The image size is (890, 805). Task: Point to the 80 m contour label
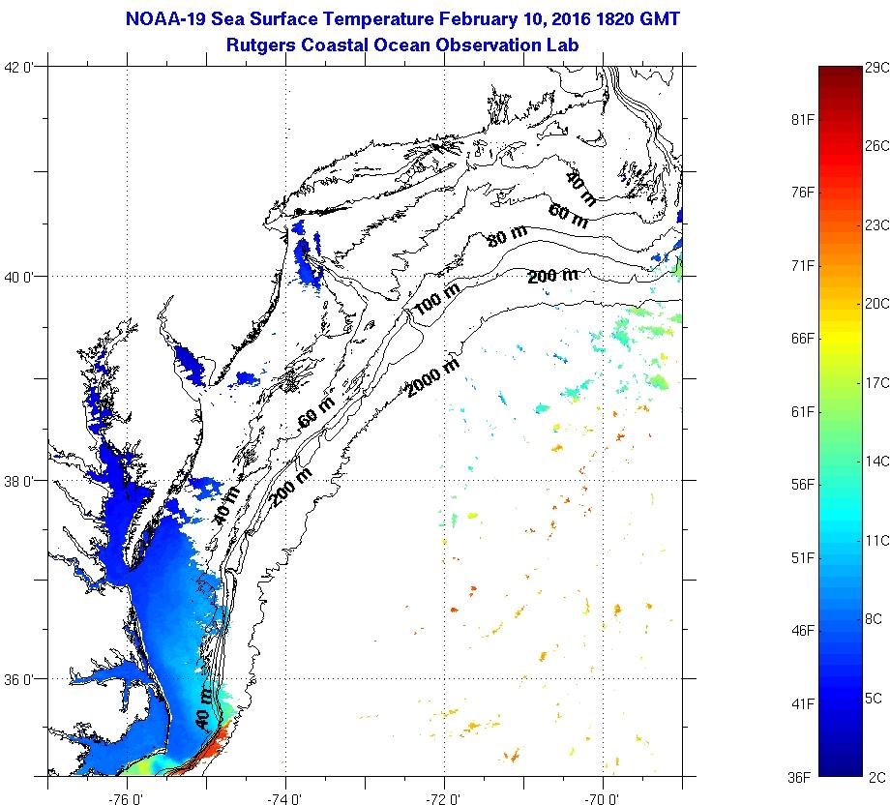(507, 235)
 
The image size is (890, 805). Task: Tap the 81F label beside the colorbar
(803, 119)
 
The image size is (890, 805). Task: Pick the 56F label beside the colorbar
(803, 484)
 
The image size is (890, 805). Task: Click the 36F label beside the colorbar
(803, 776)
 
